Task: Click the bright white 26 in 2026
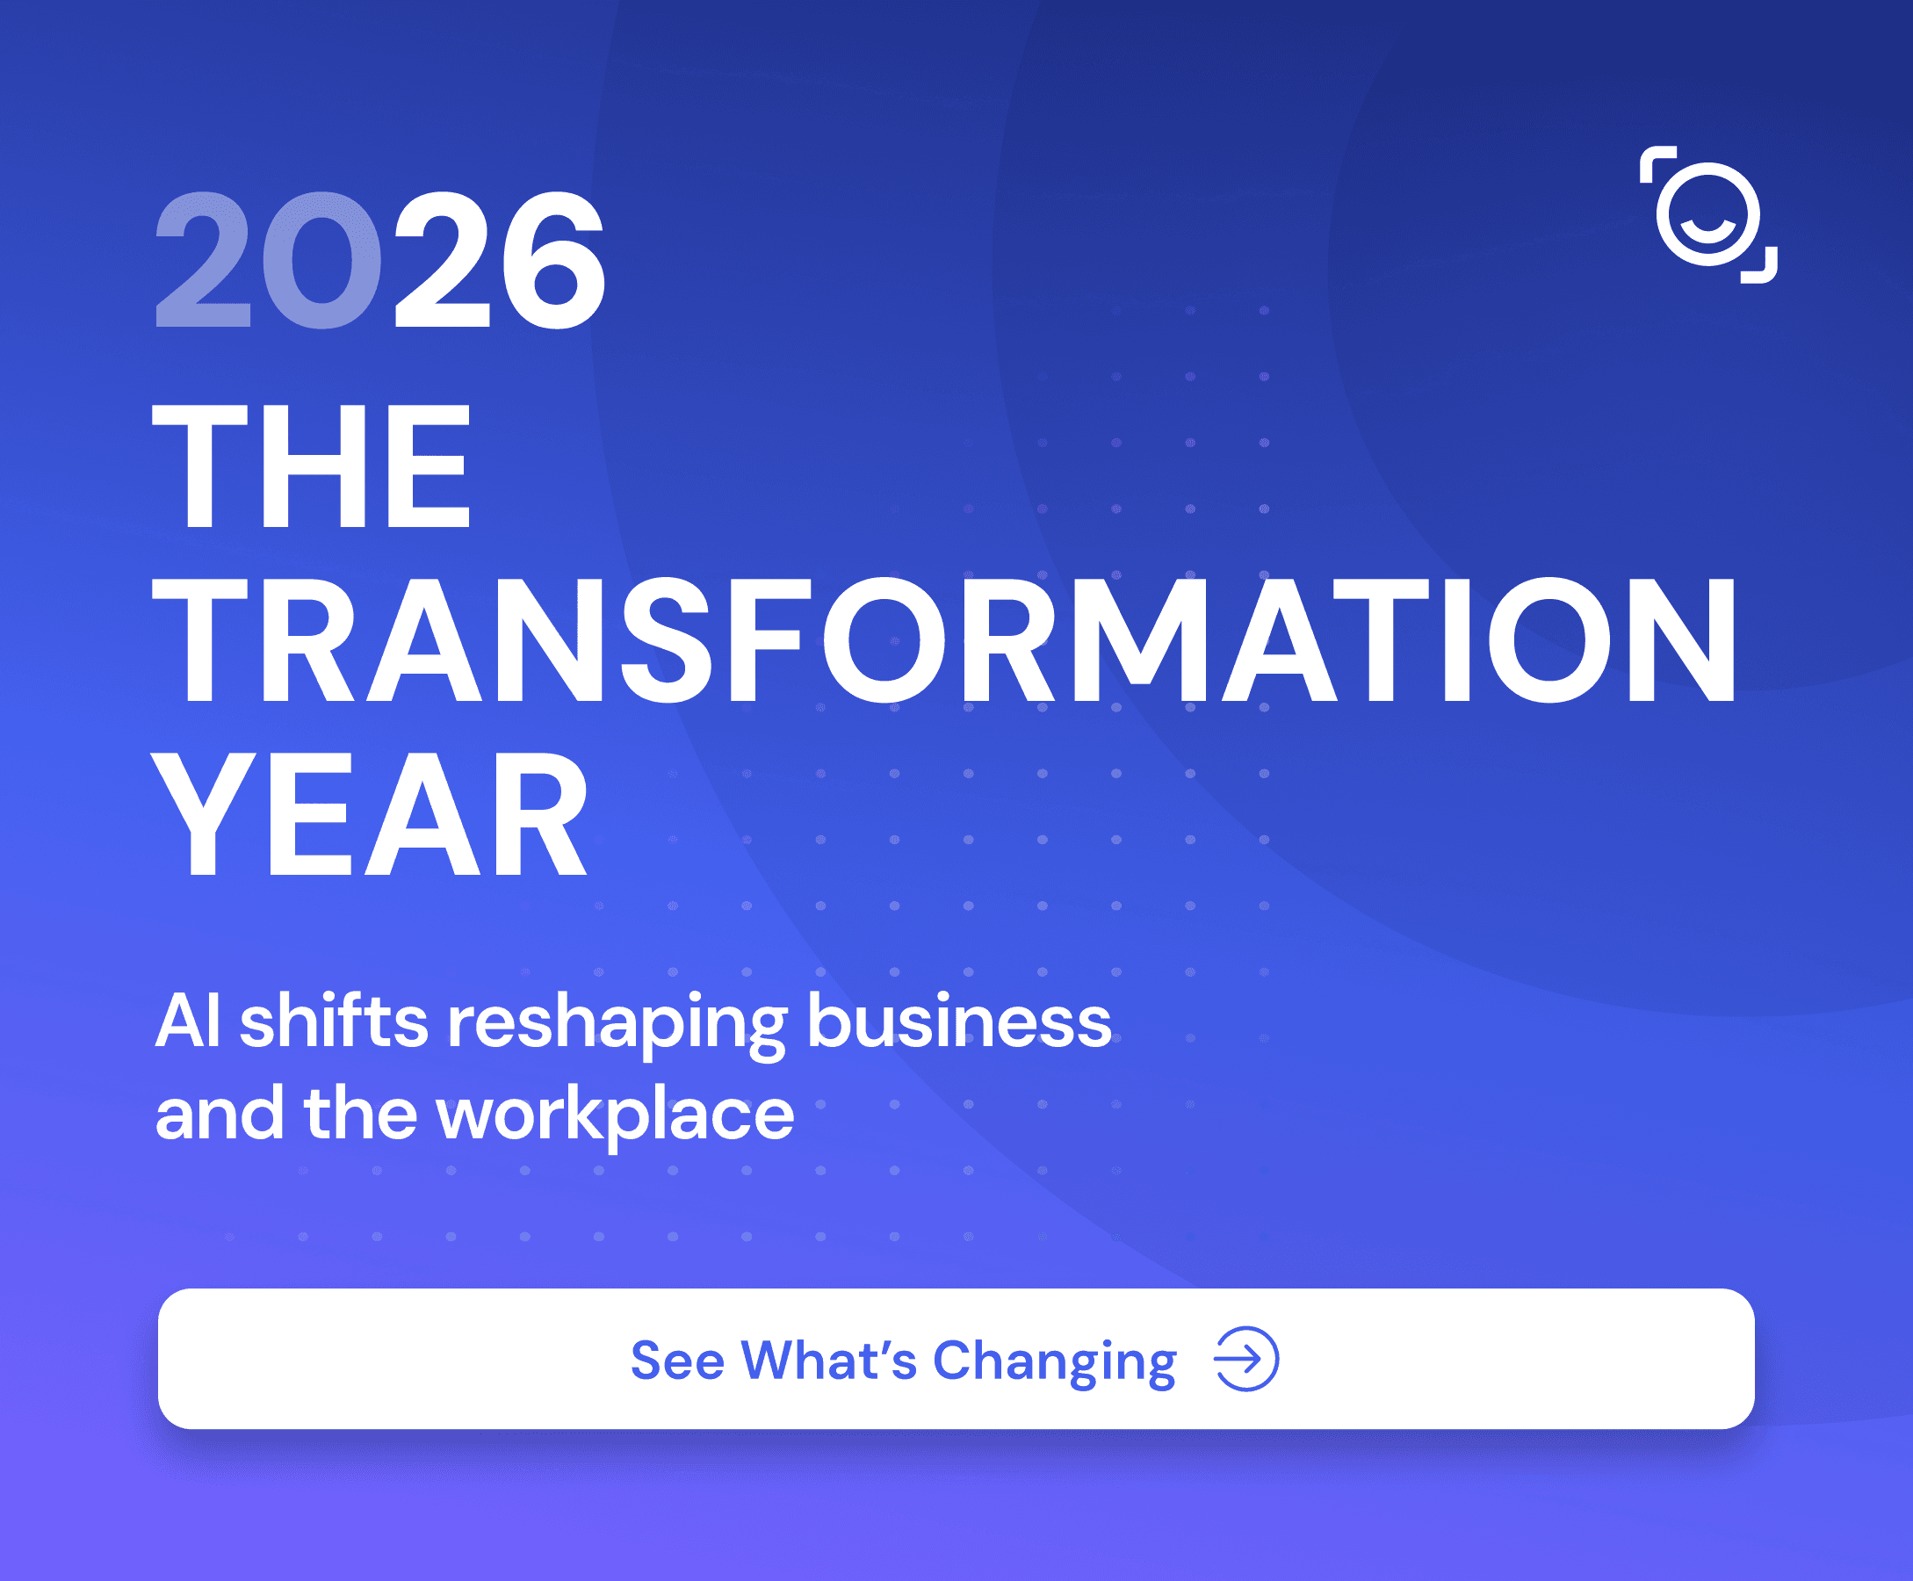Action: coord(499,260)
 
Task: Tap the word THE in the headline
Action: coord(312,466)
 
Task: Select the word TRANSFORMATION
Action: coord(944,640)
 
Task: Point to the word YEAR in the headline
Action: coord(371,814)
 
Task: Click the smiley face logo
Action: coord(1708,215)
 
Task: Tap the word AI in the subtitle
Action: coord(188,1021)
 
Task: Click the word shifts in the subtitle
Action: coord(333,1020)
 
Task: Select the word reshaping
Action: coord(617,1027)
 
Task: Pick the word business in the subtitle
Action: coord(959,1020)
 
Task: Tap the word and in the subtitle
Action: coord(219,1113)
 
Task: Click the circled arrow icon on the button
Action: coord(1246,1359)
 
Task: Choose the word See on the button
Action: coord(677,1361)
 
